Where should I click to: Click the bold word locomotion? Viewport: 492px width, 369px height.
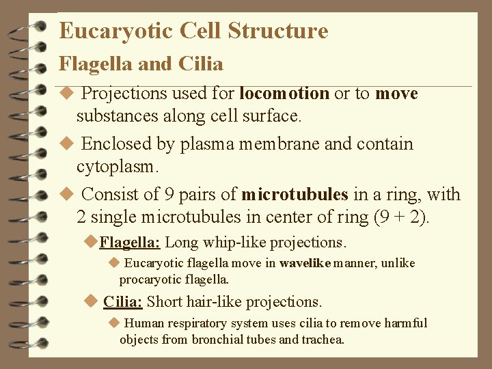[285, 94]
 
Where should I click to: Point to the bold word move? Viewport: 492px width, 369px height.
[396, 94]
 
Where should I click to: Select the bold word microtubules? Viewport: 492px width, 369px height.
[295, 195]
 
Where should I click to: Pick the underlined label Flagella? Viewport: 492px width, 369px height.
[130, 243]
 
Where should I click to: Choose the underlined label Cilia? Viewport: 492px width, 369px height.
[122, 302]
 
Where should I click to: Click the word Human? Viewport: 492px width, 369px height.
[145, 323]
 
